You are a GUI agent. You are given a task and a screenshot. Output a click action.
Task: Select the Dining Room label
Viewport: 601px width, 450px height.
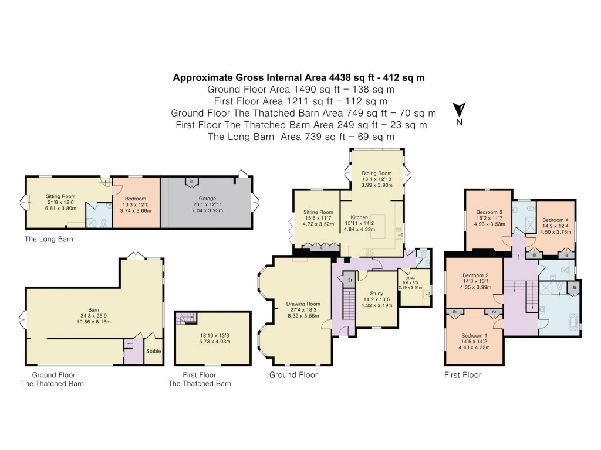point(376,173)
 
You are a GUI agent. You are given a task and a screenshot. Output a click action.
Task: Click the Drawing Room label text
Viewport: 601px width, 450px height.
point(302,304)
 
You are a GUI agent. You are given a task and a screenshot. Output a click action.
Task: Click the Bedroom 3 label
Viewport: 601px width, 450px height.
point(489,212)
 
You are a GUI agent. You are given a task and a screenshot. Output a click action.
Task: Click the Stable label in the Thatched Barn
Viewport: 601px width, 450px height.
point(153,351)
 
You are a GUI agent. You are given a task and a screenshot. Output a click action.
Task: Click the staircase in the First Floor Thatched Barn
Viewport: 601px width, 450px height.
point(188,319)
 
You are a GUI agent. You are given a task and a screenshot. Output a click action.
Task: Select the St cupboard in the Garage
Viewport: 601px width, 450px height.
point(191,182)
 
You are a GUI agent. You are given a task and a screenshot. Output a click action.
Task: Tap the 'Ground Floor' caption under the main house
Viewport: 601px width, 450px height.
point(293,375)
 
